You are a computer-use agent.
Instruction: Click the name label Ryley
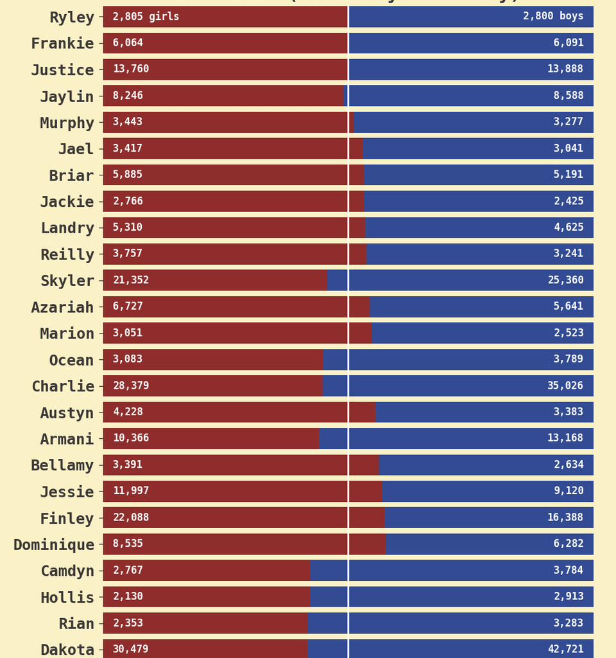point(71,17)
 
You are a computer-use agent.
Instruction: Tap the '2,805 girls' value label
point(146,17)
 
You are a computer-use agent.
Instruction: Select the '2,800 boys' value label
point(552,17)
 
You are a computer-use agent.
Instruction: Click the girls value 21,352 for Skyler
point(131,280)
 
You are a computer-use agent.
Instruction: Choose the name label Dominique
point(54,545)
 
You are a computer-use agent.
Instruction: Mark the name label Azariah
point(62,307)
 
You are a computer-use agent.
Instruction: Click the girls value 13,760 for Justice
point(131,69)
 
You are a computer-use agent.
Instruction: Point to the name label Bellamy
point(62,465)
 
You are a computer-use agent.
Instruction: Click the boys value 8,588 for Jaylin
point(569,96)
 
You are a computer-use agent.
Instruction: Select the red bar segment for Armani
point(211,438)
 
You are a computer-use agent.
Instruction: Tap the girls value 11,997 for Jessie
point(131,491)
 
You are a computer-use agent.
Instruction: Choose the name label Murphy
point(67,123)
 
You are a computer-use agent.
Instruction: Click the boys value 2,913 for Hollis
point(569,596)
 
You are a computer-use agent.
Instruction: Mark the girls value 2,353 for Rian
point(128,623)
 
